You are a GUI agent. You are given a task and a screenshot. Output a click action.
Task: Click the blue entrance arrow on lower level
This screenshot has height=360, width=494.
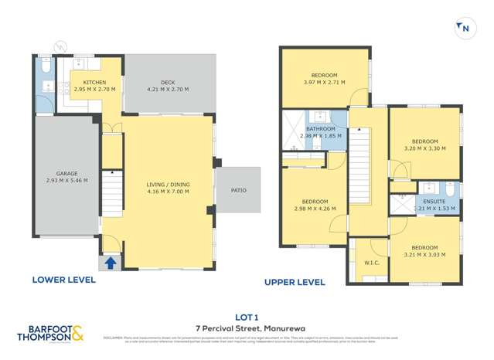111,263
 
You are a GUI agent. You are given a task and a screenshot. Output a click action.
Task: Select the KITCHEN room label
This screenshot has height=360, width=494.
94,82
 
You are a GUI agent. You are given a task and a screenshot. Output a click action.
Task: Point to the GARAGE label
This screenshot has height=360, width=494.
66,174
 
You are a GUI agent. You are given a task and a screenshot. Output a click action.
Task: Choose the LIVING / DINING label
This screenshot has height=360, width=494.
168,184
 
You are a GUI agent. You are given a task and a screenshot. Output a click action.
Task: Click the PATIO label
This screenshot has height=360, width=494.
238,190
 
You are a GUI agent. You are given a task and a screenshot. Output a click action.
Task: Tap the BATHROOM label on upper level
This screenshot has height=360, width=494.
320,129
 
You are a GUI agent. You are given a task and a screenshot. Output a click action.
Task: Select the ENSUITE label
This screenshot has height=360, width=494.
434,201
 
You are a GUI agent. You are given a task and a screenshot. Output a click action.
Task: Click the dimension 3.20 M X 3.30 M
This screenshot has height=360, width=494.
424,148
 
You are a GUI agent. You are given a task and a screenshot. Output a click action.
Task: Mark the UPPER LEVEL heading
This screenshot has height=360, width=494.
295,283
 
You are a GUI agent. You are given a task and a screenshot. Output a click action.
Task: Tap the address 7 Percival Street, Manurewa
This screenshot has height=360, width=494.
247,328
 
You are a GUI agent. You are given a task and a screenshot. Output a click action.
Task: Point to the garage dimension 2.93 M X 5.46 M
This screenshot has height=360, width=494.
66,181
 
